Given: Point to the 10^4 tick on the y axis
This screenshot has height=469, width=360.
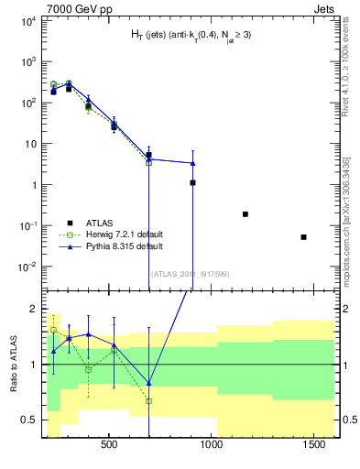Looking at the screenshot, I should tap(27, 20).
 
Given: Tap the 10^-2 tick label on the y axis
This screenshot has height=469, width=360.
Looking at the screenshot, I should tap(27, 267).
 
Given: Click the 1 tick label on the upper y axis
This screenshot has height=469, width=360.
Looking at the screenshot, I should tap(32, 185).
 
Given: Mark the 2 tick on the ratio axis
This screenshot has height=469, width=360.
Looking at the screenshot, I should tap(33, 308).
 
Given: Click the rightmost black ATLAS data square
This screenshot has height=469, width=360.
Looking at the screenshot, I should tap(303, 237).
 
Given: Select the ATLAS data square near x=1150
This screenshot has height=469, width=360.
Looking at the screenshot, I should tap(245, 214).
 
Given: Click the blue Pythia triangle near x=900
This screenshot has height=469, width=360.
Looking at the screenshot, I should tap(192, 163).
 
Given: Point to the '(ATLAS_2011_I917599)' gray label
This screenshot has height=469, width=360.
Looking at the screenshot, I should tap(189, 273).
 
